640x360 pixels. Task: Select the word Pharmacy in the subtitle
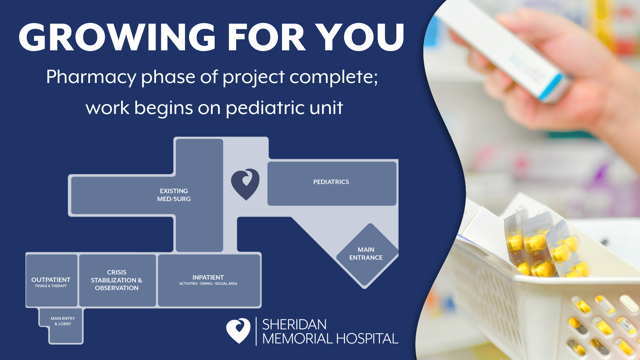tap(91, 77)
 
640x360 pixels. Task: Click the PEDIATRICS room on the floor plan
tap(332, 183)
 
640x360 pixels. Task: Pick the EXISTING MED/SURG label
tap(174, 195)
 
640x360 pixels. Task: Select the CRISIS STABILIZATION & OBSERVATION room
tap(117, 280)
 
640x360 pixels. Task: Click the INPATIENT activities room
tap(209, 280)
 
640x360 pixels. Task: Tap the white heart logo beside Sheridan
tap(238, 330)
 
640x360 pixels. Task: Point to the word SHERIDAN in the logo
tap(294, 325)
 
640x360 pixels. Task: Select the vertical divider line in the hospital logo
tap(256, 331)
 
